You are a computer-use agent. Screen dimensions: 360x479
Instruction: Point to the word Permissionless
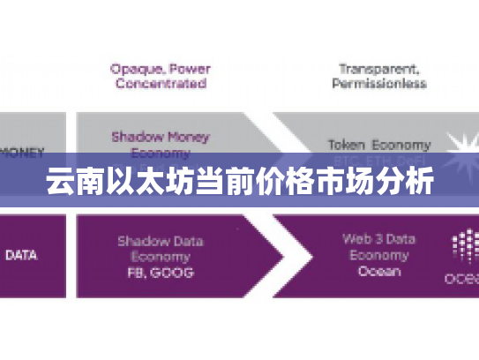[x=378, y=84]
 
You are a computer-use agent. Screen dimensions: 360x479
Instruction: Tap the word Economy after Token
[x=401, y=144]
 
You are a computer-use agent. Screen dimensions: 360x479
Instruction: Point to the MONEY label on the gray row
[x=22, y=152]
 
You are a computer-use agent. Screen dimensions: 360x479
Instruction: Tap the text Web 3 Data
[x=378, y=239]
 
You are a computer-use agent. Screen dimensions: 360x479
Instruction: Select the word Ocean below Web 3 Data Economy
[x=378, y=271]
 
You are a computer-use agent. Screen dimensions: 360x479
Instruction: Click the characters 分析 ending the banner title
[x=407, y=184]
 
